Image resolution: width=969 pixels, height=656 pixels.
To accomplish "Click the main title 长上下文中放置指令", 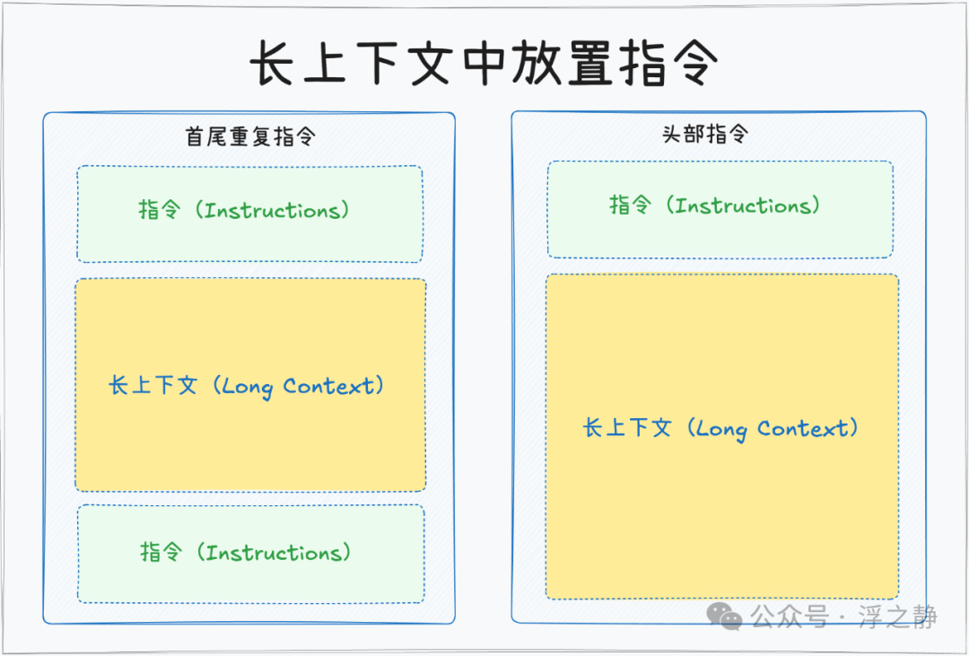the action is [484, 63].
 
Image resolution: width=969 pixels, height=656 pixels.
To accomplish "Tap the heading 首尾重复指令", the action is [250, 136].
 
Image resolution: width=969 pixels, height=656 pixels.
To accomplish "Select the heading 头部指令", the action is [705, 134].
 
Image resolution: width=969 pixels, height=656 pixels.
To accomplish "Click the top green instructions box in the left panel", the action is [249, 214].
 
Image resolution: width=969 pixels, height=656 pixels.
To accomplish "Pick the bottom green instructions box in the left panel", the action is [251, 554].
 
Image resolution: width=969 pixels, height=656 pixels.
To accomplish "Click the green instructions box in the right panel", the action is [720, 210].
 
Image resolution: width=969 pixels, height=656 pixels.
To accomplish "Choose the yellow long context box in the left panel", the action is [250, 385].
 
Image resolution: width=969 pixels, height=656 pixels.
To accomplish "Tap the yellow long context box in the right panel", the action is [721, 436].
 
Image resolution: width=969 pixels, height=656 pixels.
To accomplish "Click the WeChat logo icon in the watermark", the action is [724, 616].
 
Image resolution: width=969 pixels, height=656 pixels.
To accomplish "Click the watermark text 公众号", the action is [790, 617].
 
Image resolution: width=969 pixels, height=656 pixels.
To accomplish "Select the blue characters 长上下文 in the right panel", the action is [627, 428].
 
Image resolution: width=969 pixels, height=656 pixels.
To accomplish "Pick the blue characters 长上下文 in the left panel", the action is [153, 386].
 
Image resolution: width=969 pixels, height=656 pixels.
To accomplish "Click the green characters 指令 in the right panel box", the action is [631, 206].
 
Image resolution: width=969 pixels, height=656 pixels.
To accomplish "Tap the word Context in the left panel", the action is [328, 386].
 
